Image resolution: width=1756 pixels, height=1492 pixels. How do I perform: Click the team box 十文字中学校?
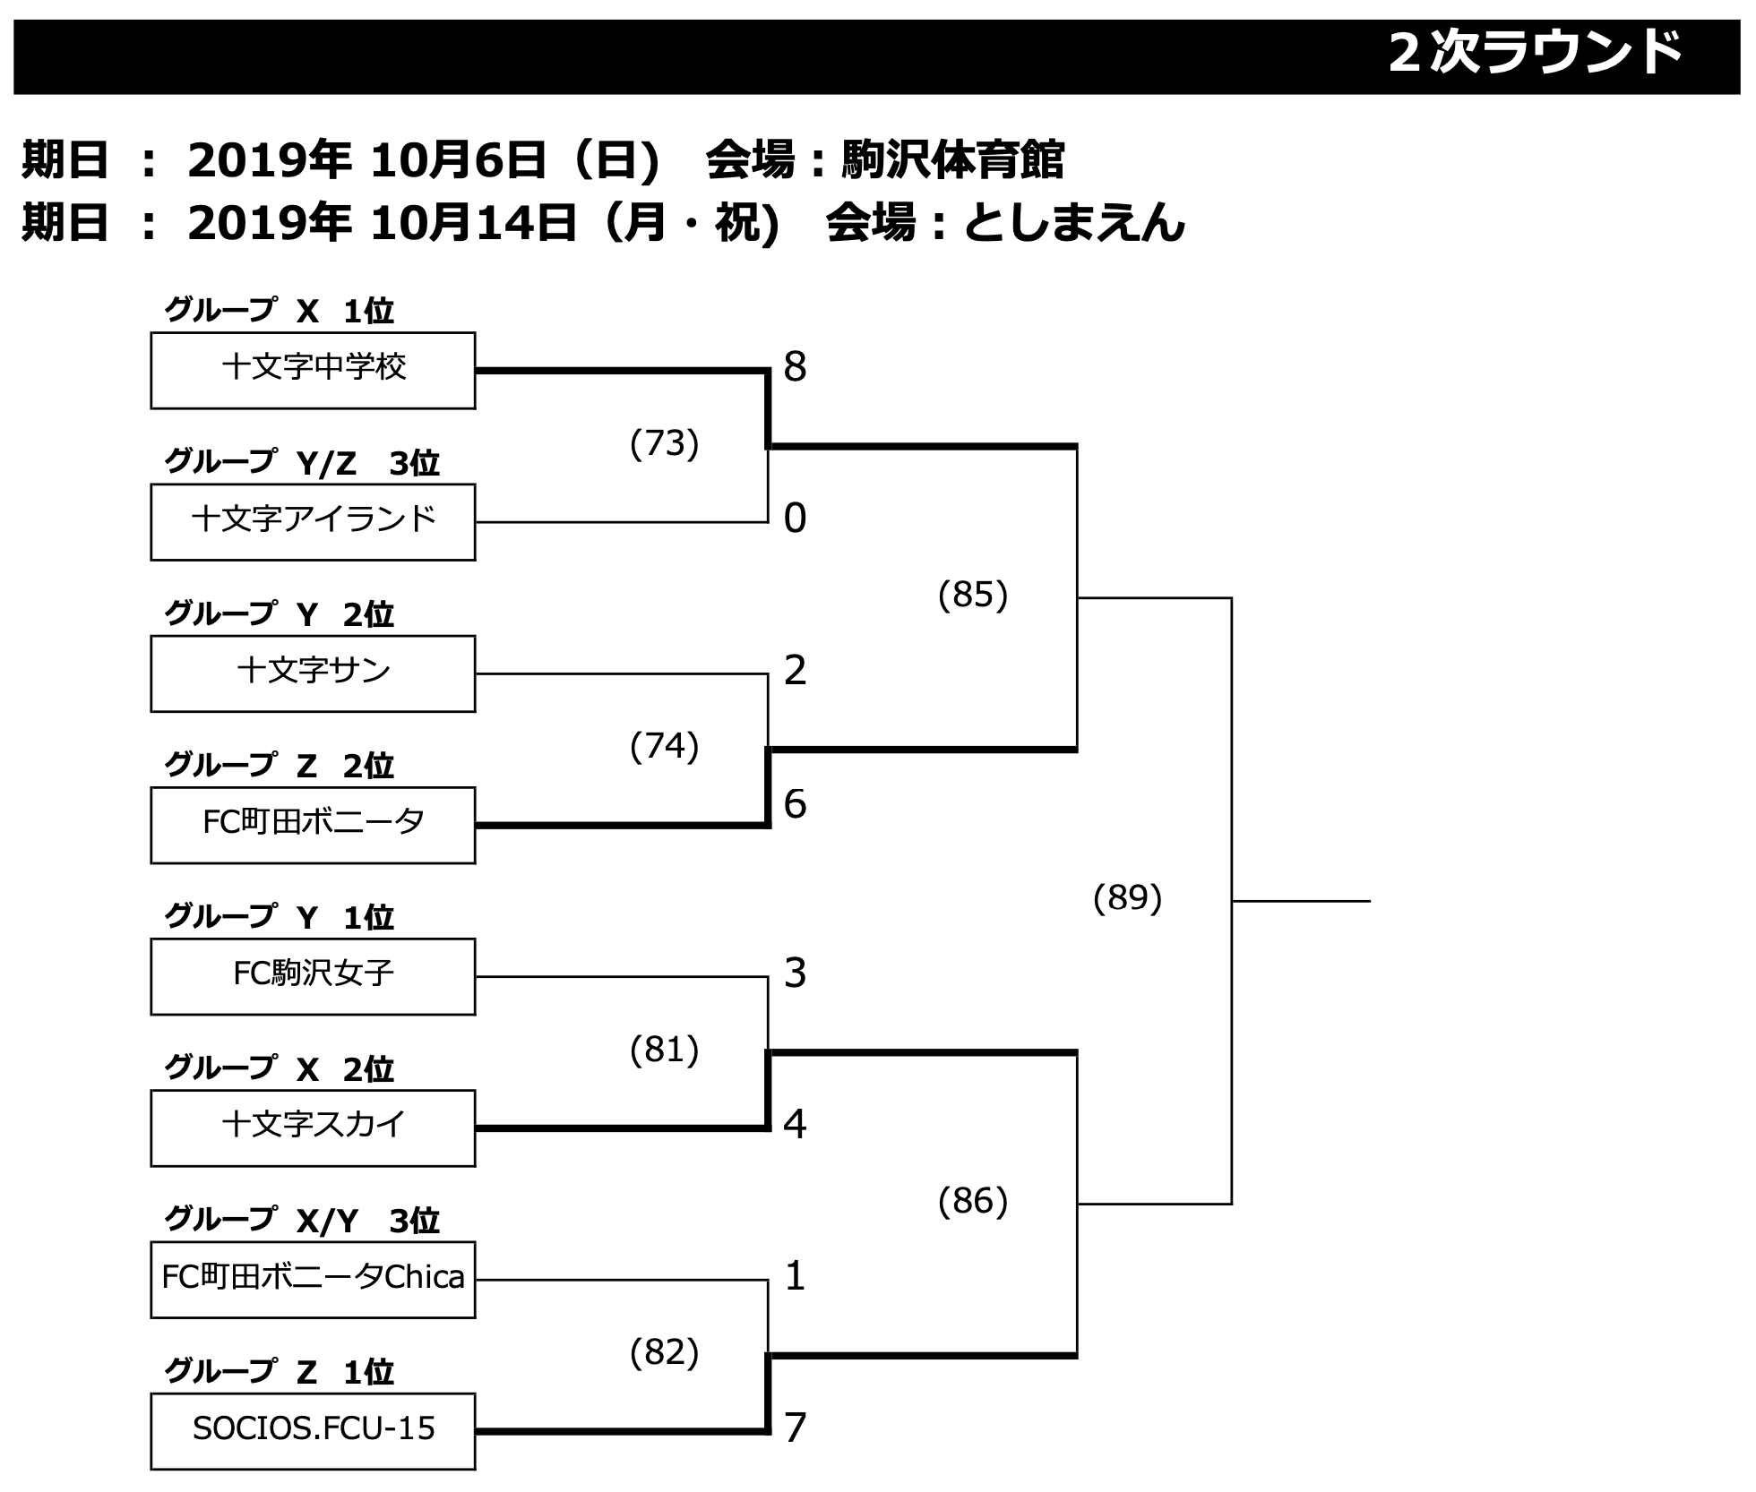(x=313, y=370)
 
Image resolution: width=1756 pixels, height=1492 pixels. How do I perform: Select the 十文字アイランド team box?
(x=313, y=521)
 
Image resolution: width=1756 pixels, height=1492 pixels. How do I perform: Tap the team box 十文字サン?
(x=313, y=673)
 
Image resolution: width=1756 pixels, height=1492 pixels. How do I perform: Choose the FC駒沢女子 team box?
(x=313, y=975)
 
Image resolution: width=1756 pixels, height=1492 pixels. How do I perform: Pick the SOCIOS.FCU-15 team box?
(x=313, y=1430)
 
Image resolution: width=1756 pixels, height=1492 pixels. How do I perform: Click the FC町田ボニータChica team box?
(x=313, y=1279)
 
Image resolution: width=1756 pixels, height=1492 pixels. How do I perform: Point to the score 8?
(x=795, y=367)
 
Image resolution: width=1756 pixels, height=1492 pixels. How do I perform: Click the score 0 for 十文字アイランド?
(x=795, y=519)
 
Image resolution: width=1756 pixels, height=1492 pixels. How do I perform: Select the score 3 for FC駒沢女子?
(x=795, y=973)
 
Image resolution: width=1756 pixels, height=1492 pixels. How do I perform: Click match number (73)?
(x=664, y=443)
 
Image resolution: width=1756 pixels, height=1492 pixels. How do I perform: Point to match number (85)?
(x=973, y=595)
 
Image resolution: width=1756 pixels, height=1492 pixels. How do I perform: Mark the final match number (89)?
(x=1127, y=897)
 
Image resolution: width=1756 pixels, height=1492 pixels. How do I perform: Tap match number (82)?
(x=664, y=1352)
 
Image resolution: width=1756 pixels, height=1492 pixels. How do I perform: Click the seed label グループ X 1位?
(x=279, y=311)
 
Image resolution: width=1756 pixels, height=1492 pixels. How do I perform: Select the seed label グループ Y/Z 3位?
(x=302, y=462)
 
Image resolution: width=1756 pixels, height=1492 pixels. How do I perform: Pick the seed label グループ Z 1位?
(x=279, y=1371)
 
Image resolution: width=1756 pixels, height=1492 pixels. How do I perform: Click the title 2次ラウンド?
(x=1535, y=54)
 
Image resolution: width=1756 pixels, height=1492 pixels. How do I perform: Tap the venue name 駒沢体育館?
(x=952, y=161)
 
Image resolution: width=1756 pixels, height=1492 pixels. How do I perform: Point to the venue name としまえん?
(x=1073, y=223)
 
